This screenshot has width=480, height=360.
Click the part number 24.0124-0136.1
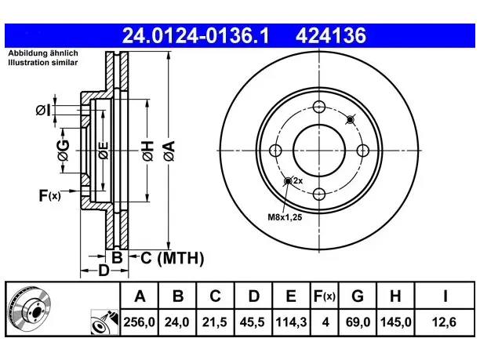pos(195,35)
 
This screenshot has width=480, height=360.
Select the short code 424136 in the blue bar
pos(331,35)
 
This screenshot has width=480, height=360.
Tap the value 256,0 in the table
pos(140,322)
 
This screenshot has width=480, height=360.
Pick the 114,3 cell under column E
pos(291,322)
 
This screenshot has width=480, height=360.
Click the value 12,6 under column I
pos(444,322)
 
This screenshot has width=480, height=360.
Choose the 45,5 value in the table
pos(253,322)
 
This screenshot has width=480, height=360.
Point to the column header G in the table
pos(358,296)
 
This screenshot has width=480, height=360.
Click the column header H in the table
pos(395,296)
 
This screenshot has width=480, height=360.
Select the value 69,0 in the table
pos(358,322)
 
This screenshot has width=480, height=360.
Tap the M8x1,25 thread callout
pos(285,217)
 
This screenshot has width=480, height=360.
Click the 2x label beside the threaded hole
pos(298,181)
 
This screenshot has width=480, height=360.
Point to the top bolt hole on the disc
pos(319,107)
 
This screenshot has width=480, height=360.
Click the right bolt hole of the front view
pos(363,151)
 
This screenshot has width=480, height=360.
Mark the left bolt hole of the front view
pos(275,151)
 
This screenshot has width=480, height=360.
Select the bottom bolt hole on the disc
pos(319,194)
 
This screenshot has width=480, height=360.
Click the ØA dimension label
pos(169,151)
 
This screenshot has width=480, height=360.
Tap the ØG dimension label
pos(64,151)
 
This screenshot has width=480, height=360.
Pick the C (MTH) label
pos(172,258)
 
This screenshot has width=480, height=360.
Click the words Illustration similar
pos(43,63)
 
